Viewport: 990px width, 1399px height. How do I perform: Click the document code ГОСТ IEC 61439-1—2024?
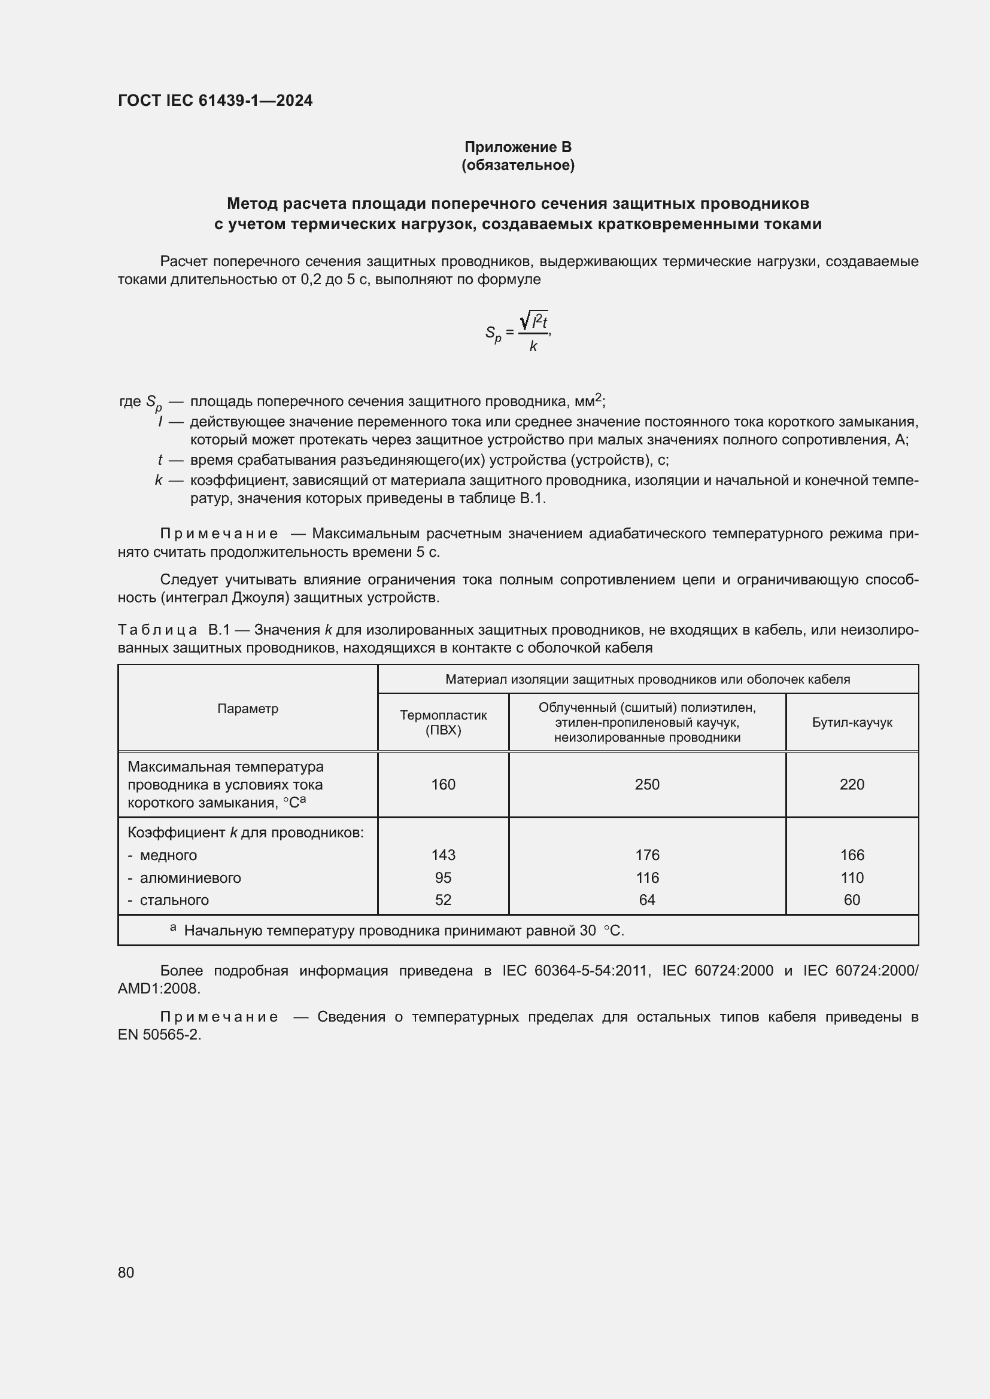(x=215, y=100)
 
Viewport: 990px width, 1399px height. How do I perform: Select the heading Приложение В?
(x=518, y=147)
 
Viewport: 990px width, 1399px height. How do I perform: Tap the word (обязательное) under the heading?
(x=518, y=165)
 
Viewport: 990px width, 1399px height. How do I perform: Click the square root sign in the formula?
(x=524, y=321)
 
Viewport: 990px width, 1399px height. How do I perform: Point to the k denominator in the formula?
(x=533, y=347)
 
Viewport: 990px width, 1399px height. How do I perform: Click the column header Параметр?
(x=248, y=708)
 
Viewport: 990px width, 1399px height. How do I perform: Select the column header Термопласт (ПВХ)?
(x=443, y=722)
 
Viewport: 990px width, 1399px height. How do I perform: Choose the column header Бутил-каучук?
(x=852, y=722)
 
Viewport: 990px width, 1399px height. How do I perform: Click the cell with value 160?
(x=443, y=784)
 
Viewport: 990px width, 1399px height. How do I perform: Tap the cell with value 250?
(x=647, y=784)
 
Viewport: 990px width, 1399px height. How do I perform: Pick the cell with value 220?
(x=852, y=784)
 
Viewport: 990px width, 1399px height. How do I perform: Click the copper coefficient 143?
(x=443, y=855)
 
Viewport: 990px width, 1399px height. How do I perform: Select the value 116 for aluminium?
(x=647, y=877)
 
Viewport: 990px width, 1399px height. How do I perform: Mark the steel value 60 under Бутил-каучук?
(x=852, y=900)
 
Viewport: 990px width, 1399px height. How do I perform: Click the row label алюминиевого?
(x=190, y=878)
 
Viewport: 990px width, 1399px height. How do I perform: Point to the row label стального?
(x=174, y=901)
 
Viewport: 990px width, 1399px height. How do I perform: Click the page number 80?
(x=126, y=1272)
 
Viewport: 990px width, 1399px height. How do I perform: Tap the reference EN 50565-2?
(x=159, y=1035)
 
